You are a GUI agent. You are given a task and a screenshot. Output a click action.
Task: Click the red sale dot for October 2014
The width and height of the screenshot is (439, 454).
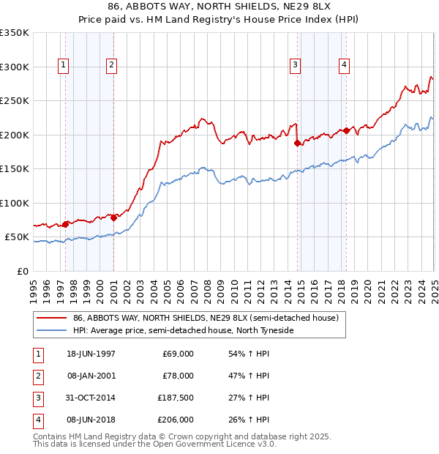(x=298, y=144)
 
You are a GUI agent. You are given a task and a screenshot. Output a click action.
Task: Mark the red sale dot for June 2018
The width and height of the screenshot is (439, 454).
(x=346, y=131)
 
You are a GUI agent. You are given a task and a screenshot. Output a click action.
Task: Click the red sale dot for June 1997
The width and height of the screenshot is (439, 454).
(x=66, y=224)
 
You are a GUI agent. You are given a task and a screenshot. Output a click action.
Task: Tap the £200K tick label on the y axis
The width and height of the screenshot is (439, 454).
(x=15, y=135)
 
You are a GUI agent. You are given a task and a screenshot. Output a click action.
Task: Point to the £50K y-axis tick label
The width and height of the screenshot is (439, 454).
(x=17, y=237)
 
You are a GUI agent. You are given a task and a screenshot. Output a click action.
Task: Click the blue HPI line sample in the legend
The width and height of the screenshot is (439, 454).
(x=51, y=331)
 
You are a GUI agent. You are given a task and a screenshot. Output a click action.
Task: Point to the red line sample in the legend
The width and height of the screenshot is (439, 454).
(x=51, y=319)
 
